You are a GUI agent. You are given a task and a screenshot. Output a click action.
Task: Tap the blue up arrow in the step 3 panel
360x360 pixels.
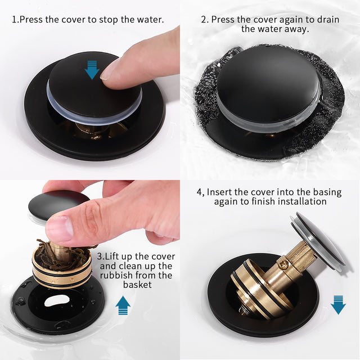point(123,305)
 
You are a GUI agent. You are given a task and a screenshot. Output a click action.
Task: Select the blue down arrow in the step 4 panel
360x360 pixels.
point(338,304)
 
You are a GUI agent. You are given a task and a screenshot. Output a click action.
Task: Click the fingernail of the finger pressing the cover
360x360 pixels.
point(110,69)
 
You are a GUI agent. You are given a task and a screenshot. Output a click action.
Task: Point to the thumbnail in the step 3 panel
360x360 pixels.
point(59,228)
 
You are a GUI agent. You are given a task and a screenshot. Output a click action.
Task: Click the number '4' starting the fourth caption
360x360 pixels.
point(199,192)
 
